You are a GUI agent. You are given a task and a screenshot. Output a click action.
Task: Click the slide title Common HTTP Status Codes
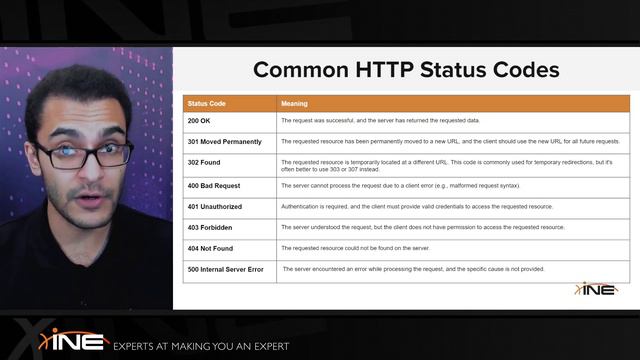coord(405,70)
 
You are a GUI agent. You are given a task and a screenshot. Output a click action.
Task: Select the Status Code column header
coord(207,104)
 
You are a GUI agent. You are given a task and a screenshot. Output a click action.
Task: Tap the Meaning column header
coord(294,104)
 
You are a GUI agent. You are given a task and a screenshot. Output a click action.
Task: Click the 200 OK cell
coord(199,120)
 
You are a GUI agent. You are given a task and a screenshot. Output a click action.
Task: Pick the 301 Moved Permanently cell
coord(224,141)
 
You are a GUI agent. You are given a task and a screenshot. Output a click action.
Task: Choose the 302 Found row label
coord(204,162)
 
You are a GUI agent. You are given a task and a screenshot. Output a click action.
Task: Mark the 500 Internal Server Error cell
coord(225,269)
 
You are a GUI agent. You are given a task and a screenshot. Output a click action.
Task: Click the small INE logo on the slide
coord(596,290)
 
